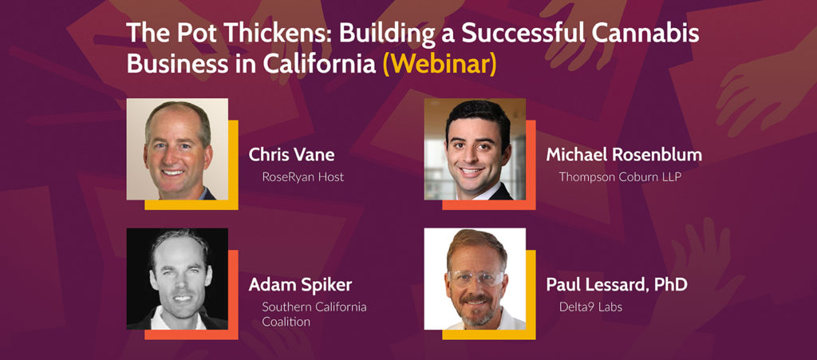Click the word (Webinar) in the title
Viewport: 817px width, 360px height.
(440, 64)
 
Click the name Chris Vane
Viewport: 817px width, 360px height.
(291, 155)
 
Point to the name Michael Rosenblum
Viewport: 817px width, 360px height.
(624, 155)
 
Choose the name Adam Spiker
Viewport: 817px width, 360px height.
(300, 285)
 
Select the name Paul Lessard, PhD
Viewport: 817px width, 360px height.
(617, 284)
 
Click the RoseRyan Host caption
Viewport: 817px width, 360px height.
(302, 177)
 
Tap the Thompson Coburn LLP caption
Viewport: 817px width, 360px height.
(620, 178)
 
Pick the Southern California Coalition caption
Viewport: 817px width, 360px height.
(314, 315)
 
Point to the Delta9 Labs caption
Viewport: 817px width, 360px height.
(590, 307)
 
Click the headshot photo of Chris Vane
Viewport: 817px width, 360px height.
(177, 149)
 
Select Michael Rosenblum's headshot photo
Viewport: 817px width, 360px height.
(475, 149)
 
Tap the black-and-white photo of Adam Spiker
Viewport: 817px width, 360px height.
(177, 279)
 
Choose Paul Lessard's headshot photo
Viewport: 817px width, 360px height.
(475, 279)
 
